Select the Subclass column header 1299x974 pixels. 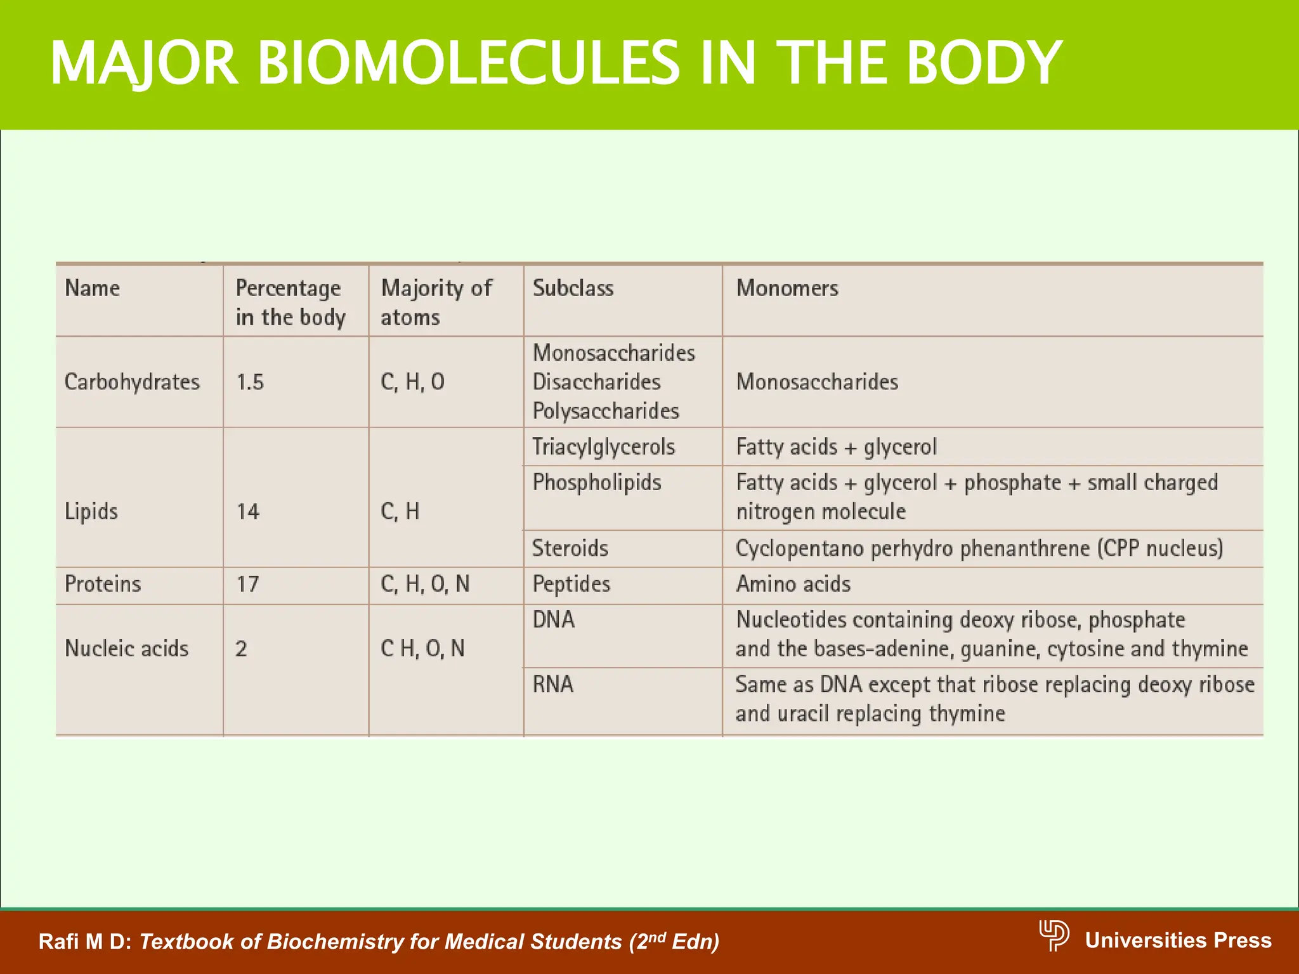[x=573, y=289]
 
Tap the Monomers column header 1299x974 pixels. [x=787, y=289]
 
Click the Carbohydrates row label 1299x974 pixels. [x=132, y=382]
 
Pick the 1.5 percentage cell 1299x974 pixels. [x=250, y=382]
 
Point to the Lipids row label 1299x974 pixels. [x=91, y=511]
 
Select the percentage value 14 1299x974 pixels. [x=248, y=511]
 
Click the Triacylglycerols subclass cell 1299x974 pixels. [x=603, y=447]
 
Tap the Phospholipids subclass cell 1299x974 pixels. [x=596, y=483]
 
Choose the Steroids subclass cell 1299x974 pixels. [x=570, y=549]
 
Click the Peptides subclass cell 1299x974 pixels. [x=571, y=584]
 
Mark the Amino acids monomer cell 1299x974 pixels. [x=793, y=584]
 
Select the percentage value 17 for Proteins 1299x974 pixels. [x=247, y=584]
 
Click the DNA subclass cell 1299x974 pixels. [x=553, y=620]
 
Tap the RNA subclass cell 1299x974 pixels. [x=552, y=684]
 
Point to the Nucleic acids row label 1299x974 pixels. [x=126, y=649]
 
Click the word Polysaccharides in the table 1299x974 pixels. [x=606, y=411]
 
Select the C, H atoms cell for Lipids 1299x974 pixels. [x=400, y=511]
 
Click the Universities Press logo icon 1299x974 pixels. [x=1054, y=935]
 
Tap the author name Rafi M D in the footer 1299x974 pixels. [x=84, y=942]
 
